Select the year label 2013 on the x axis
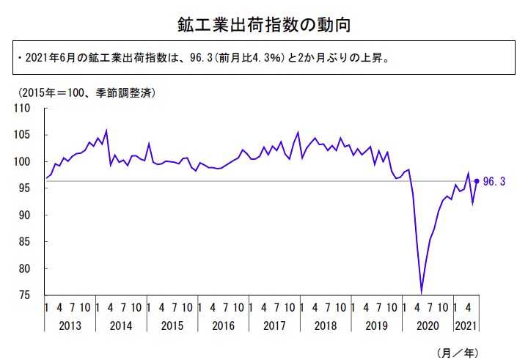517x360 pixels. tap(71, 324)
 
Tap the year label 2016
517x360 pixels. tap(224, 324)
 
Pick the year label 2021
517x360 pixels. tap(468, 324)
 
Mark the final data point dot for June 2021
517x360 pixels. tap(477, 181)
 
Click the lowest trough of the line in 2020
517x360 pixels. tap(422, 293)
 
